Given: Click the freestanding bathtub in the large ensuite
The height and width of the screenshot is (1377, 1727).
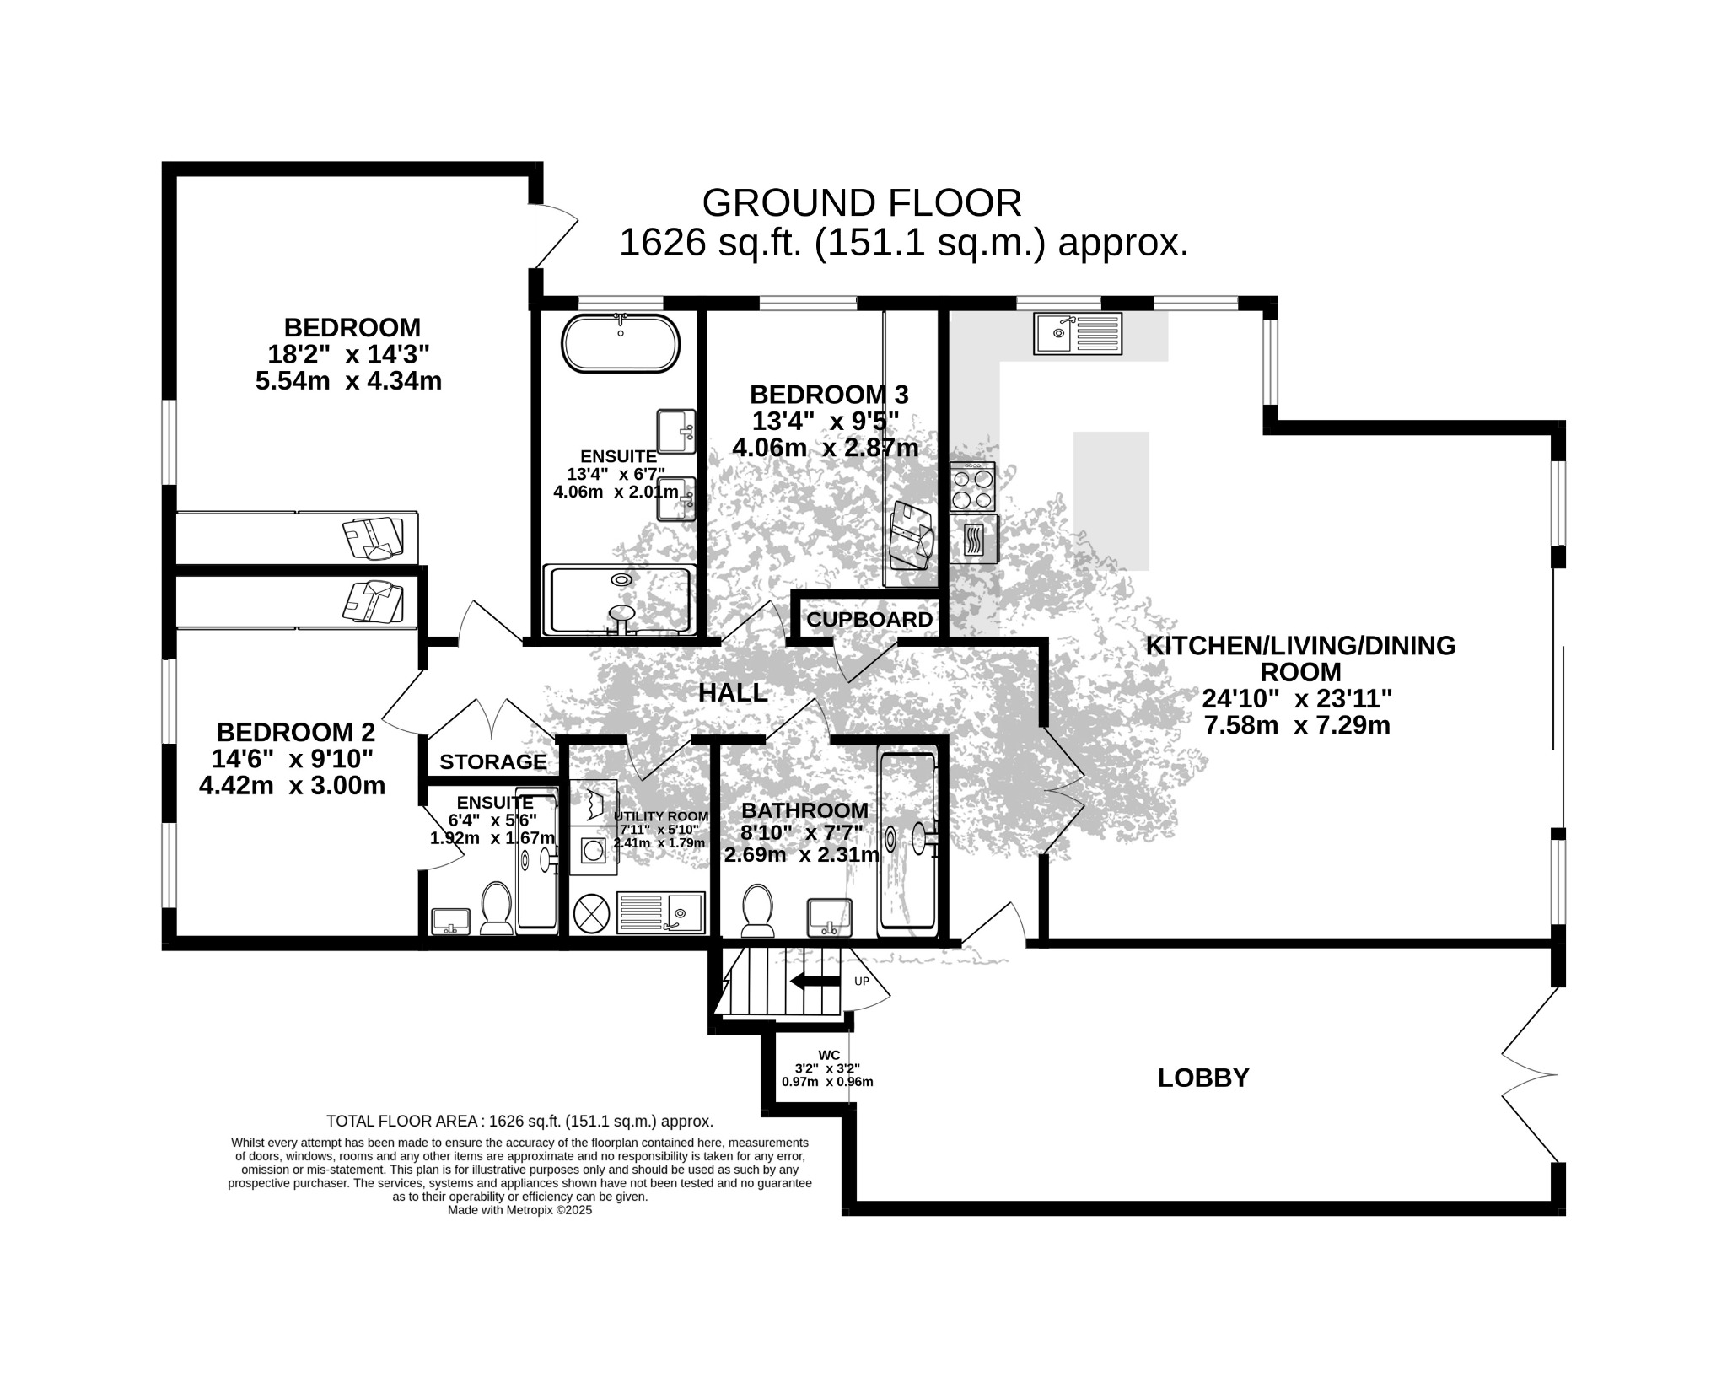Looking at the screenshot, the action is pyautogui.click(x=621, y=343).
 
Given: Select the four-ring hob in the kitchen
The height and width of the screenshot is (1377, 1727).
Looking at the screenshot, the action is pyautogui.click(x=972, y=487).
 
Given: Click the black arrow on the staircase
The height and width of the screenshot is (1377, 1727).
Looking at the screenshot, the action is pyautogui.click(x=815, y=981).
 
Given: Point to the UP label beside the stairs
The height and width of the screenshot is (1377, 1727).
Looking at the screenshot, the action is pyautogui.click(x=862, y=982).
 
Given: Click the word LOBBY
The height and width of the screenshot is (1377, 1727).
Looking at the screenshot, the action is pyautogui.click(x=1203, y=1078).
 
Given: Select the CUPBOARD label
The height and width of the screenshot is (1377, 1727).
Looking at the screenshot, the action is pyautogui.click(x=869, y=620).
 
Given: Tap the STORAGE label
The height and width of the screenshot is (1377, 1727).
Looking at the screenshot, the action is pyautogui.click(x=493, y=762).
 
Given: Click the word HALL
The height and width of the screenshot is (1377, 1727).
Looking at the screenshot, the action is pyautogui.click(x=733, y=693).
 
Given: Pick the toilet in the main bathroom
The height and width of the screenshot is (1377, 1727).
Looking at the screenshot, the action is pyautogui.click(x=758, y=912).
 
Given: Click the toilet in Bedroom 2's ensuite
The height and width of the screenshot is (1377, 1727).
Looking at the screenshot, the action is pyautogui.click(x=497, y=909).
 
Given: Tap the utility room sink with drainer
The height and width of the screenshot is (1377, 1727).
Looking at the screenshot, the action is pyautogui.click(x=661, y=912).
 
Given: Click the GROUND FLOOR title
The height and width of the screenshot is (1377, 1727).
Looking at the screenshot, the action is pyautogui.click(x=862, y=203).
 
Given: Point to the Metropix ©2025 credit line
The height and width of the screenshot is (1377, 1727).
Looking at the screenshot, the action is pyautogui.click(x=520, y=1210).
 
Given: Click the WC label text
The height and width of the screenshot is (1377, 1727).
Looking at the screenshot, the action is pyautogui.click(x=829, y=1055).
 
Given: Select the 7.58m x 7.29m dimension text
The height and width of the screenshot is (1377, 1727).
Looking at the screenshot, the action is pyautogui.click(x=1297, y=725).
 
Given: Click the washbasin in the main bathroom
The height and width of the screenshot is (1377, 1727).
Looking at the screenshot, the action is pyautogui.click(x=831, y=917).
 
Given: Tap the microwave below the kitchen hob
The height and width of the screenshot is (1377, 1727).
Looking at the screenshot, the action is pyautogui.click(x=973, y=539).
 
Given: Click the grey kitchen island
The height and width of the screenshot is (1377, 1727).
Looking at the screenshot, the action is pyautogui.click(x=1111, y=501).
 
